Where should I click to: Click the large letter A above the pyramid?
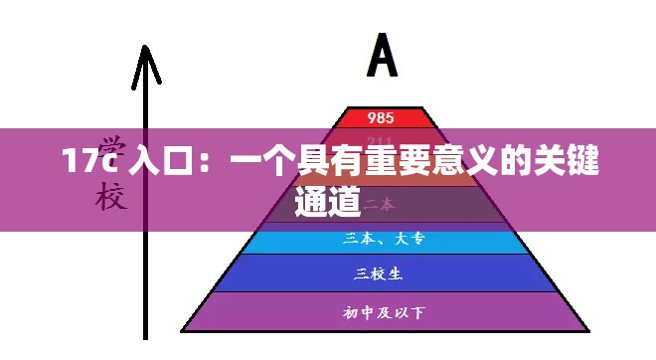pyautogui.click(x=383, y=57)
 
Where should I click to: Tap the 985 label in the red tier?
pyautogui.click(x=381, y=117)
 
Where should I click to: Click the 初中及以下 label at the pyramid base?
pyautogui.click(x=383, y=313)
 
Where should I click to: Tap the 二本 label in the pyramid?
pyautogui.click(x=377, y=204)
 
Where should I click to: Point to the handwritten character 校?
pyautogui.click(x=111, y=198)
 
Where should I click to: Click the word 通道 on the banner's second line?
pyautogui.click(x=327, y=202)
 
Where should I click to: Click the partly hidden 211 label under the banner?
pyautogui.click(x=380, y=140)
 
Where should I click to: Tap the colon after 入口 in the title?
pyautogui.click(x=207, y=163)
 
